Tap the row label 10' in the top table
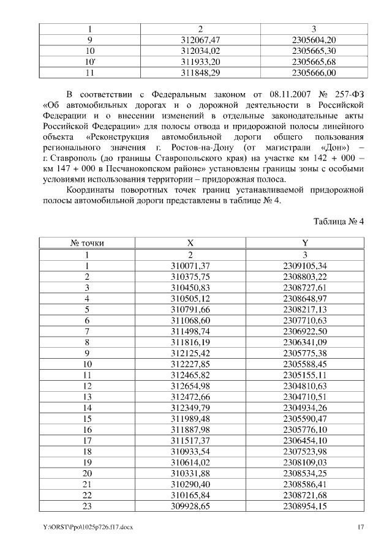point(91,62)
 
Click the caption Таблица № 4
point(339,221)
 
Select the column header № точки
point(88,243)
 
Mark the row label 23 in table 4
point(88,507)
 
